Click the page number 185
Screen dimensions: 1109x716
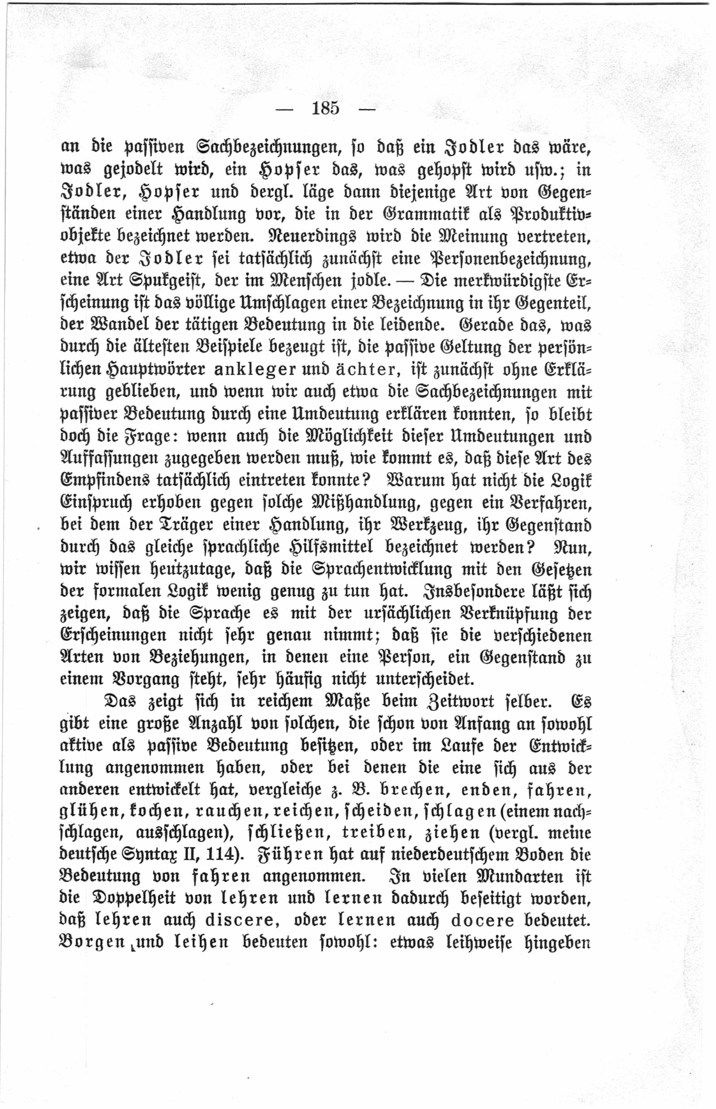(326, 108)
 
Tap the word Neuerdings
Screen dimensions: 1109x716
(312, 236)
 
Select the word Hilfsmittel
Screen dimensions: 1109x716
(331, 547)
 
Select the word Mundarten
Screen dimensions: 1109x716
(521, 877)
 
